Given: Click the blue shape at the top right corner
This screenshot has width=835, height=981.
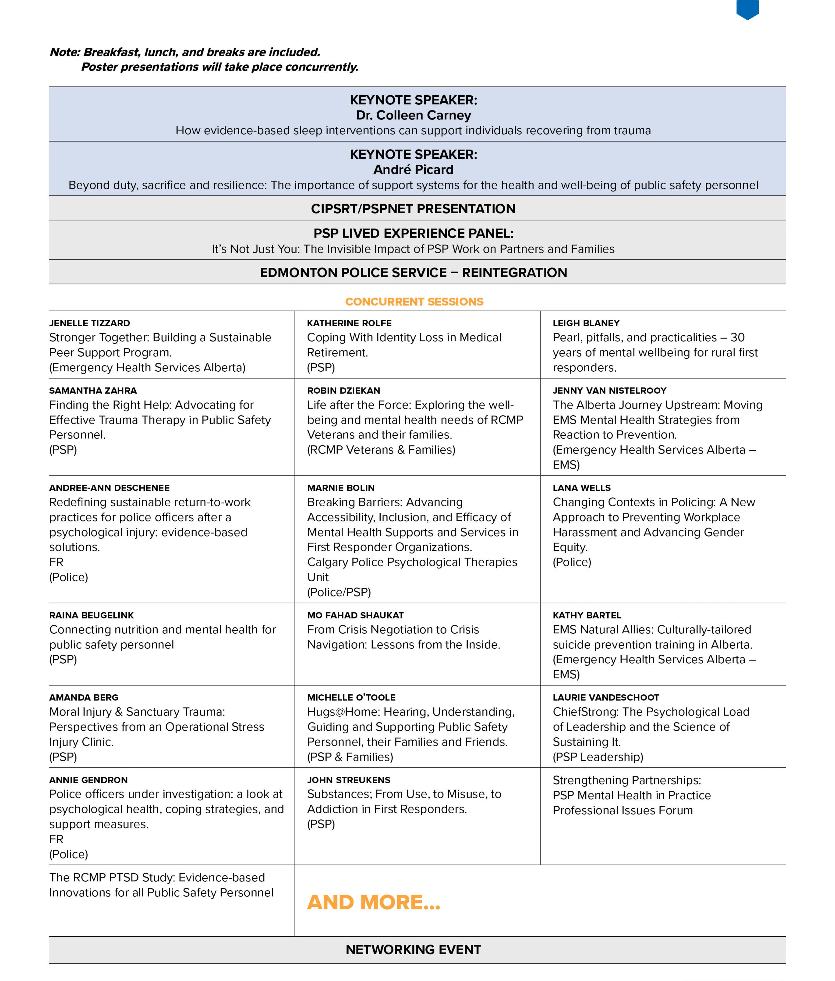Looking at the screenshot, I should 747,8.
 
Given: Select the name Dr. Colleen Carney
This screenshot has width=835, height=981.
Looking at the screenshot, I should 413,116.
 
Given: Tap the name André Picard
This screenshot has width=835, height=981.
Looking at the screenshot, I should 413,170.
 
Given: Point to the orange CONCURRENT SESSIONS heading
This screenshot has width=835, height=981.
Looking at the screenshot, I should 414,302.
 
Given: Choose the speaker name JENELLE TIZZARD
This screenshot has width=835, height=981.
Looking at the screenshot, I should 89,323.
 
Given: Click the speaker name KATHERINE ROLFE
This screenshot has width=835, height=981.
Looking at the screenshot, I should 349,323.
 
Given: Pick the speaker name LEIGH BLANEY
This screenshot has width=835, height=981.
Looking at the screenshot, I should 586,323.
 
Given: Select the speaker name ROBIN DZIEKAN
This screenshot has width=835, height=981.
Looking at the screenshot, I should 344,391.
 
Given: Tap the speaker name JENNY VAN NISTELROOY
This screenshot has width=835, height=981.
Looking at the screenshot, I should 610,391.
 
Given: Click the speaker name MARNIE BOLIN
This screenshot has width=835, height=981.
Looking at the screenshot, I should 341,488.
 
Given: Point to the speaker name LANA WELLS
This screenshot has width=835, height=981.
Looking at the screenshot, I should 582,488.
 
